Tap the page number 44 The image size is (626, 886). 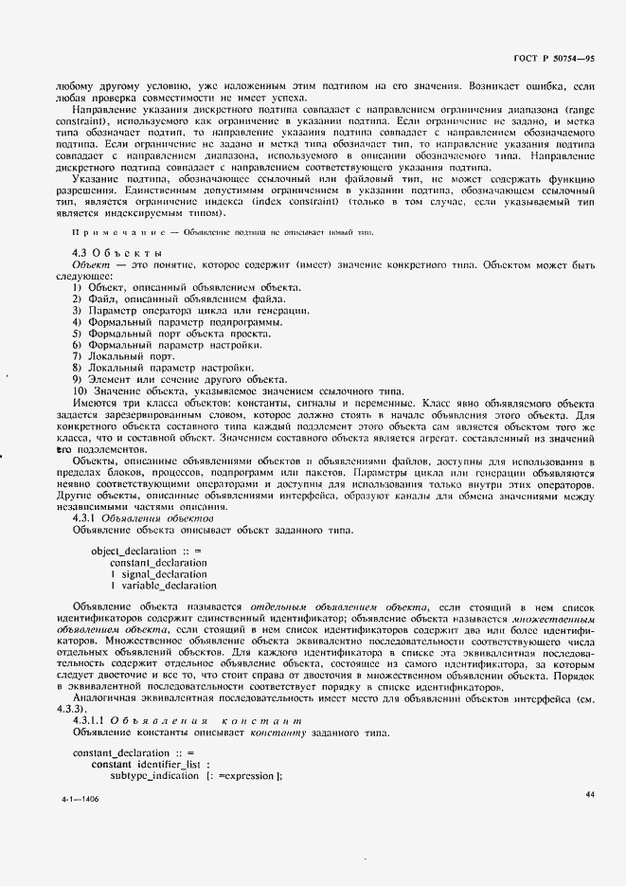click(x=589, y=794)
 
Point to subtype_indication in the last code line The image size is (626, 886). click(x=155, y=775)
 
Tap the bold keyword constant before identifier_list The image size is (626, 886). click(x=112, y=764)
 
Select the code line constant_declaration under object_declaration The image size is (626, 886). click(x=158, y=562)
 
